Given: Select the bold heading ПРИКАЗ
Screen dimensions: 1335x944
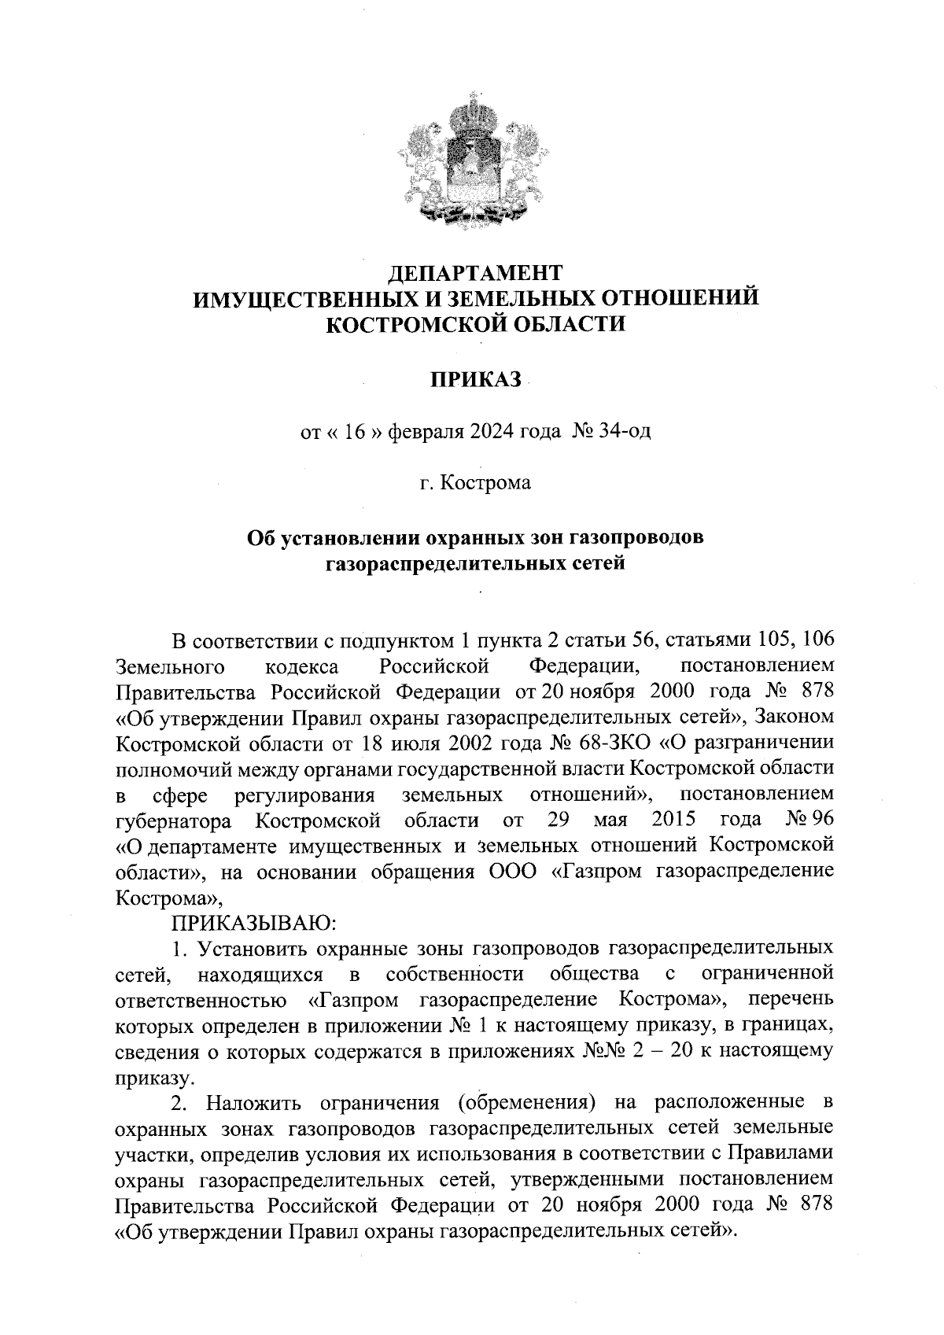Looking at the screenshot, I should [x=476, y=379].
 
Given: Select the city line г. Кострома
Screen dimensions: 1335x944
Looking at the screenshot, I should [x=475, y=482].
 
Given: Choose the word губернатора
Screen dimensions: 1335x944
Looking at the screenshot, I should [x=173, y=821].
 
